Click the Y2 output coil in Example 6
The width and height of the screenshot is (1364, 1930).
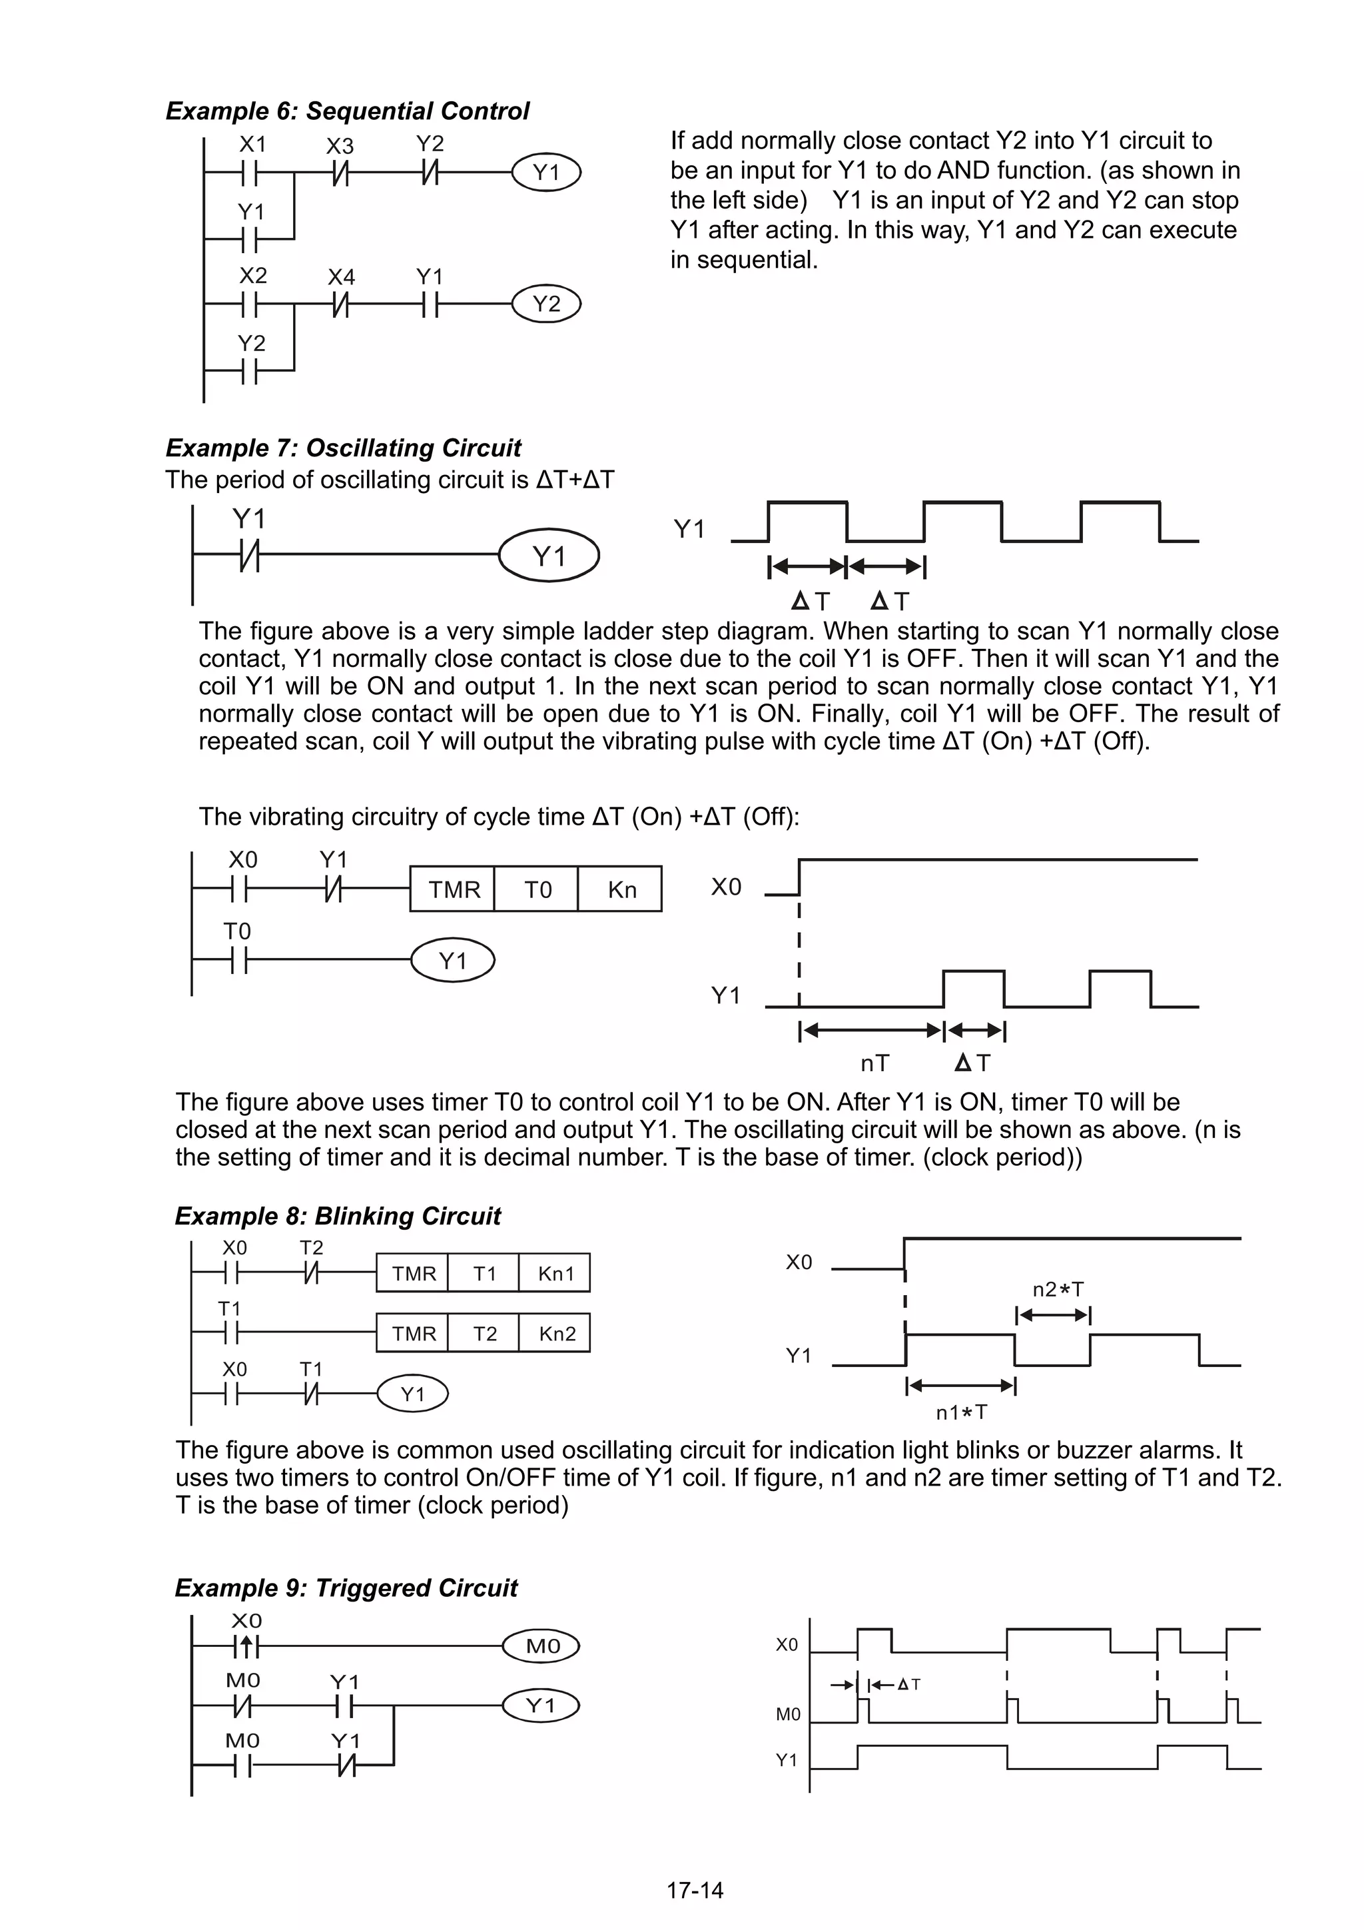coord(546,303)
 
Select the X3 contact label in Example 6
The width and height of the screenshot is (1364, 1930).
coord(340,147)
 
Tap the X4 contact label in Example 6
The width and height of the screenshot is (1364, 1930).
coord(341,276)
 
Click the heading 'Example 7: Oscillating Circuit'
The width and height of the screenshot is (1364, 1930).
coord(343,448)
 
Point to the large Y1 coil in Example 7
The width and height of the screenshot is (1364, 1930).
coord(549,556)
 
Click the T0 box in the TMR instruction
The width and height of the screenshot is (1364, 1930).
coord(537,889)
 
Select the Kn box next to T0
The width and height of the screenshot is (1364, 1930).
coord(621,889)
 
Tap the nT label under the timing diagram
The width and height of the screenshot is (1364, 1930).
coord(874,1063)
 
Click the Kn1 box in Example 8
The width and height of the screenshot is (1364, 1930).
coord(555,1274)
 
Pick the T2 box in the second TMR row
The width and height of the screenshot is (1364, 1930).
coord(484,1334)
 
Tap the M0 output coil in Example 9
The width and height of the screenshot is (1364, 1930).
coord(542,1647)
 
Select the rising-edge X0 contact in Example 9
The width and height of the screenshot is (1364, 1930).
coord(246,1646)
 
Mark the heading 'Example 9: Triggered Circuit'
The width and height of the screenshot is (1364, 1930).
coord(346,1588)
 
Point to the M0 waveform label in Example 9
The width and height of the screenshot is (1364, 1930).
coord(787,1715)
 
